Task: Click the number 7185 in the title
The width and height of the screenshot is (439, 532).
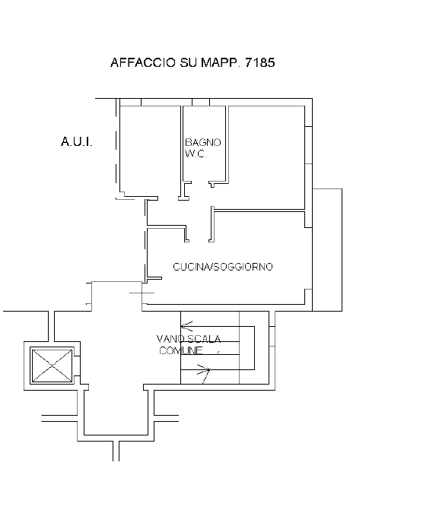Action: (259, 63)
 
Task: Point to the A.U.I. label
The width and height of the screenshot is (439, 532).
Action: (76, 141)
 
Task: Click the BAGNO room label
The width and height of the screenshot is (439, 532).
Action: (203, 142)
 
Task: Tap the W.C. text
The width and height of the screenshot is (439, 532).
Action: (196, 154)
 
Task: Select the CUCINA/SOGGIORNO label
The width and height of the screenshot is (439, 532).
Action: (223, 267)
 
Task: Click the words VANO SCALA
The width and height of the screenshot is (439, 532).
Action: (189, 339)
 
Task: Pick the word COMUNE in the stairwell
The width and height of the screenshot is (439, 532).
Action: (181, 350)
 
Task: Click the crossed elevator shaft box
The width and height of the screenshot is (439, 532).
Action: (52, 366)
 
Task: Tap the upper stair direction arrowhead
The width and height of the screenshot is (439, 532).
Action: (187, 326)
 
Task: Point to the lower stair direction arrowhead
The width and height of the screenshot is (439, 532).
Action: (205, 370)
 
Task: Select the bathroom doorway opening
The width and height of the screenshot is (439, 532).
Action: (200, 183)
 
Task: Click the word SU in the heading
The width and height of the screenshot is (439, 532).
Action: (188, 63)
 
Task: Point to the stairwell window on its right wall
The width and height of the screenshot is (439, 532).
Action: (272, 336)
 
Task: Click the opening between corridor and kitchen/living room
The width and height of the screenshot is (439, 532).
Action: (199, 241)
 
